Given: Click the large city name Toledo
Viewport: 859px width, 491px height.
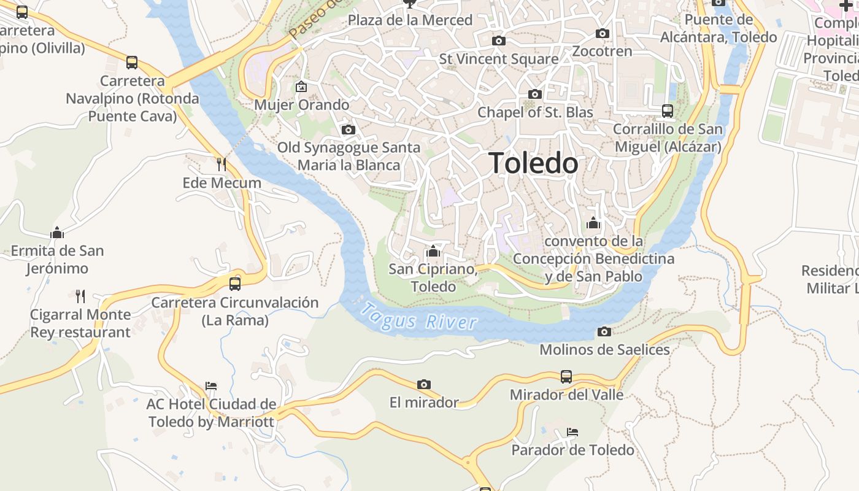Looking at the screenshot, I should pyautogui.click(x=533, y=163).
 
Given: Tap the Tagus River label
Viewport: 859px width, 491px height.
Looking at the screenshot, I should pyautogui.click(x=418, y=317).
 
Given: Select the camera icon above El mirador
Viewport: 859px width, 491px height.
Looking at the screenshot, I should pyautogui.click(x=423, y=385).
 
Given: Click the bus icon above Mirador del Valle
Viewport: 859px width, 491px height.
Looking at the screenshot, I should pyautogui.click(x=566, y=376).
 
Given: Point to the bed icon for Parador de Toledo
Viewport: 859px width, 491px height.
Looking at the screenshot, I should pyautogui.click(x=572, y=432).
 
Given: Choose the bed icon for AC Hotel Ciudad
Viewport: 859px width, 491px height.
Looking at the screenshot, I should pyautogui.click(x=211, y=386).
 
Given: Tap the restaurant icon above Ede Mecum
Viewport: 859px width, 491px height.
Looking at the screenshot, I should pyautogui.click(x=221, y=164).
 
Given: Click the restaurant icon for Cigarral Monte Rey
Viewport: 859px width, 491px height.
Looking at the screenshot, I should pyautogui.click(x=80, y=296).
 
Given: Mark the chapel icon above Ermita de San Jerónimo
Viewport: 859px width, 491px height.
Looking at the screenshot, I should pyautogui.click(x=57, y=233).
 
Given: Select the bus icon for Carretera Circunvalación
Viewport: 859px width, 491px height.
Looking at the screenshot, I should pyautogui.click(x=235, y=284).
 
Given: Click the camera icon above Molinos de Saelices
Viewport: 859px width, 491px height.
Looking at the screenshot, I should pyautogui.click(x=604, y=332).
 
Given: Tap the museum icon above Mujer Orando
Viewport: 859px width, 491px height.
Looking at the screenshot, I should pyautogui.click(x=301, y=87).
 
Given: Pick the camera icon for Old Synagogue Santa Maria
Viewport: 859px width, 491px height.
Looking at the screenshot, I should pyautogui.click(x=348, y=130).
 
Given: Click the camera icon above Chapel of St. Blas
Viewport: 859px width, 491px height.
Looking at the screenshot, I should pyautogui.click(x=535, y=95).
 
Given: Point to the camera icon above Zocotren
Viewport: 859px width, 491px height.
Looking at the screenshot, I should pyautogui.click(x=603, y=34).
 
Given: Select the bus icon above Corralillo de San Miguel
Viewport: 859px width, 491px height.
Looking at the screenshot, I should pyautogui.click(x=668, y=111).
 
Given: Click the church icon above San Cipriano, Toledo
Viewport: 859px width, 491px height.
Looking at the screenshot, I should pyautogui.click(x=433, y=251).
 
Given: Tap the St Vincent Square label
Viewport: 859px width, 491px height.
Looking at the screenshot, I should pyautogui.click(x=499, y=59).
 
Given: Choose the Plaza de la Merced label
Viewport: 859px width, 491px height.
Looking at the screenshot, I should pyautogui.click(x=410, y=20).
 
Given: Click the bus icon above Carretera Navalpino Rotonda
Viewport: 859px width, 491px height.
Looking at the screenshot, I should pyautogui.click(x=132, y=62).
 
